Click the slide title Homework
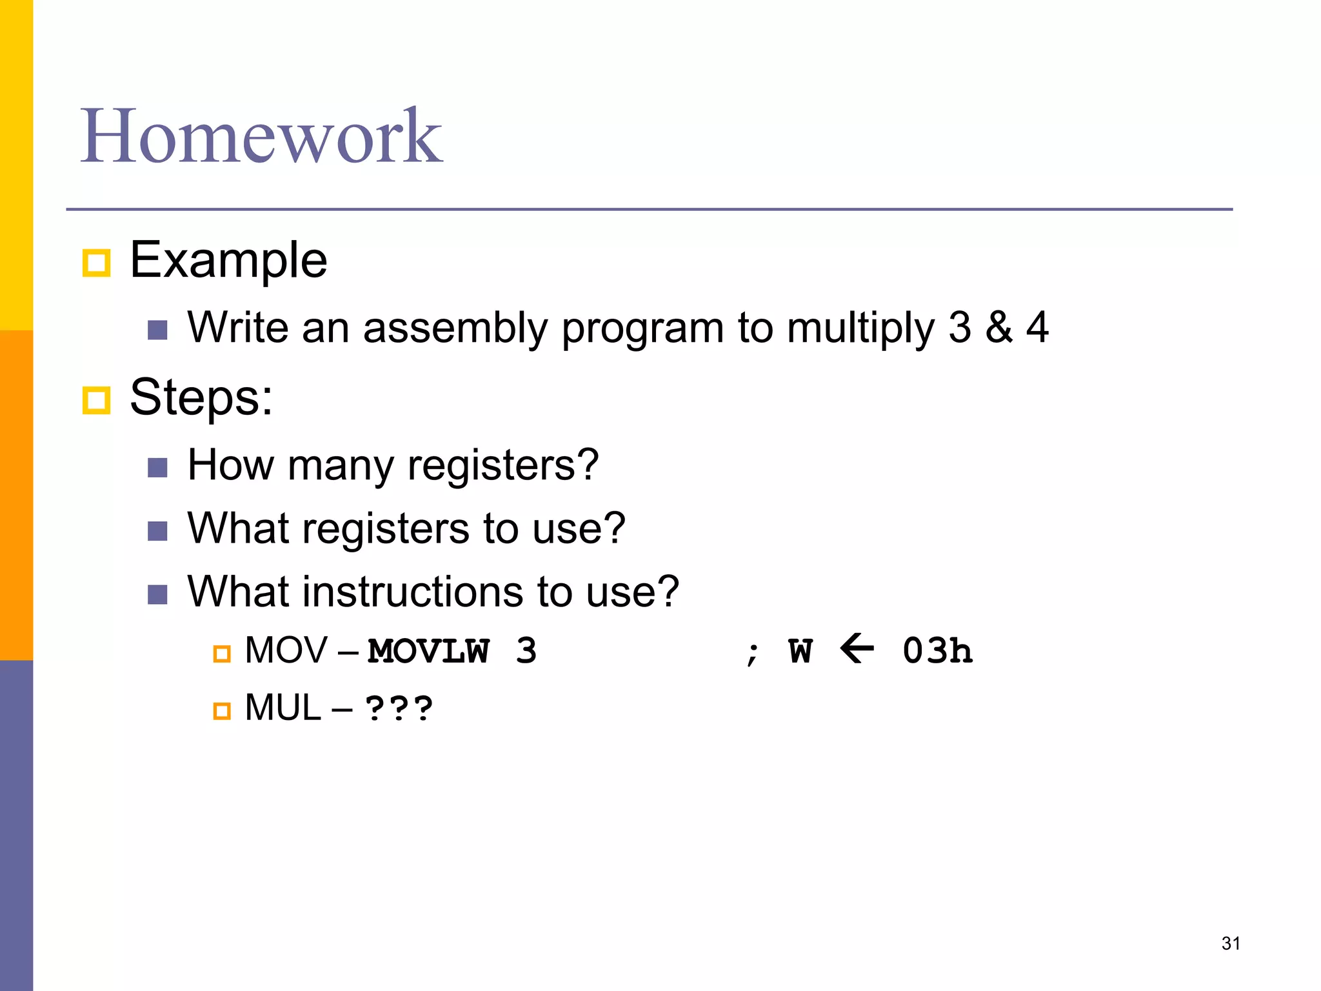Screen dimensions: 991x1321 [x=261, y=136]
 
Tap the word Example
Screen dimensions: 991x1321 [x=228, y=260]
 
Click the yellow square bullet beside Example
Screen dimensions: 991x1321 [x=97, y=263]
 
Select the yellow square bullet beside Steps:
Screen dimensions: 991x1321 [x=97, y=400]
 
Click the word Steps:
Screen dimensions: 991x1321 [x=201, y=397]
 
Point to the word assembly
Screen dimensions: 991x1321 [x=455, y=328]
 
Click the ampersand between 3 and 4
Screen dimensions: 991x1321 [x=998, y=327]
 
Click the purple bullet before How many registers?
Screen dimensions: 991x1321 [x=157, y=467]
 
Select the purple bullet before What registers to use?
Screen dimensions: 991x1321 [x=157, y=531]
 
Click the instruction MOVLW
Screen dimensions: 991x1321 [x=428, y=651]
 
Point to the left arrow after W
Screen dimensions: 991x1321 [x=857, y=648]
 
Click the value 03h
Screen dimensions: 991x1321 [x=937, y=651]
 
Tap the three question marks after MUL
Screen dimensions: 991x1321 [x=399, y=708]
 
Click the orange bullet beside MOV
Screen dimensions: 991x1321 [x=222, y=654]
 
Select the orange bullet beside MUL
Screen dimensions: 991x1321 [x=222, y=711]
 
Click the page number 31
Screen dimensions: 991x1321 [x=1231, y=943]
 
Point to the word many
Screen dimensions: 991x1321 [x=341, y=466]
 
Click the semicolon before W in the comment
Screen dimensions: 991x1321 [x=752, y=653]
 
